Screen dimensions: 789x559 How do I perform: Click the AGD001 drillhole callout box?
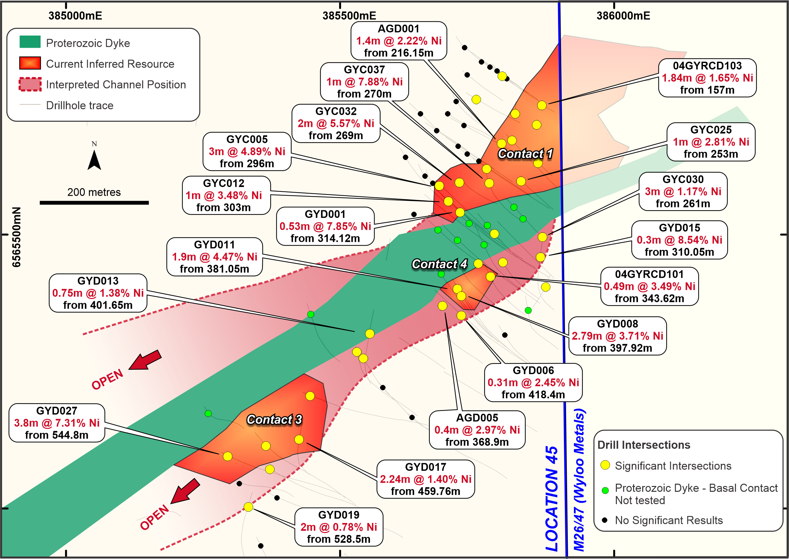click(x=399, y=41)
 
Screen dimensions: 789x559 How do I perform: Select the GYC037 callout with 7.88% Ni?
click(x=364, y=81)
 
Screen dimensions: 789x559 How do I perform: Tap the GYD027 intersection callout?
click(x=57, y=423)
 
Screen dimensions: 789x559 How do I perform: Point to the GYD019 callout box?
click(x=339, y=527)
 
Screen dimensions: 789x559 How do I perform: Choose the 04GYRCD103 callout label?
click(x=707, y=78)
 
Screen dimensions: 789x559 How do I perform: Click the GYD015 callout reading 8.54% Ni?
click(x=680, y=240)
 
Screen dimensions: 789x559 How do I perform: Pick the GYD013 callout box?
click(x=98, y=293)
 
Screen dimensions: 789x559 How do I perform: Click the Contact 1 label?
click(x=526, y=154)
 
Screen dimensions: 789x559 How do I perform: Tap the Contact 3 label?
click(x=274, y=419)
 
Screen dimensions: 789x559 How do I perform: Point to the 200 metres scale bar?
click(x=94, y=203)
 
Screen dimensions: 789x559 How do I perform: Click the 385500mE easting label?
click(x=349, y=16)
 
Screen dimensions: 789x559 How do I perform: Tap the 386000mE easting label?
click(x=623, y=16)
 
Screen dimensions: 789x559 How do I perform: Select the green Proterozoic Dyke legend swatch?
click(x=30, y=42)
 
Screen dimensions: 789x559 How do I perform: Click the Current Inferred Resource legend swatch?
click(x=30, y=63)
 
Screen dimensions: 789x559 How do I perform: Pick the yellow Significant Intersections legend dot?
click(x=605, y=465)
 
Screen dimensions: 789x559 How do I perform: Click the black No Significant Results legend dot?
click(x=604, y=520)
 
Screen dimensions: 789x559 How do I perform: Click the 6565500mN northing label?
click(x=16, y=237)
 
